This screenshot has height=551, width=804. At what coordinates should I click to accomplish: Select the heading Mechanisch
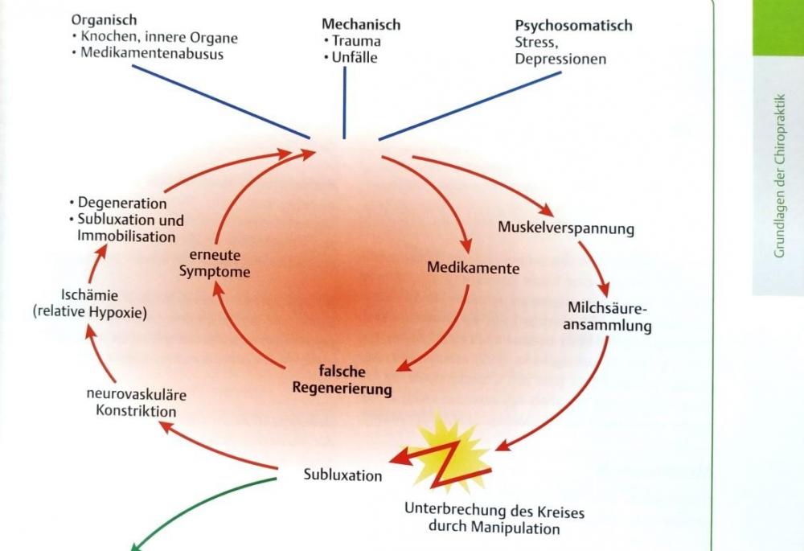(x=361, y=25)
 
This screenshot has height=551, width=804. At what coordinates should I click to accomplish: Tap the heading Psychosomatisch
(x=573, y=26)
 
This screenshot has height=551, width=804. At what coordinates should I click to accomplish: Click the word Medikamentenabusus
(x=151, y=54)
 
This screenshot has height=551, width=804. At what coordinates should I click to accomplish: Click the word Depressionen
(x=560, y=60)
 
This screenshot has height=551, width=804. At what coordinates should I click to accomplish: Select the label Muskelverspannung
(x=565, y=228)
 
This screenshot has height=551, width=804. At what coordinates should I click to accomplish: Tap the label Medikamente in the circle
(x=473, y=268)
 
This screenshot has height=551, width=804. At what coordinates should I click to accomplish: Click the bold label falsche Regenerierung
(x=342, y=380)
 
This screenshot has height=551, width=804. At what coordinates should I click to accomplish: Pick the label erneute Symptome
(x=214, y=264)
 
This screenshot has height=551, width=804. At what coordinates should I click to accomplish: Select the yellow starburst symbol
(x=449, y=456)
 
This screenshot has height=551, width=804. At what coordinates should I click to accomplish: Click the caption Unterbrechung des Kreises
(x=494, y=512)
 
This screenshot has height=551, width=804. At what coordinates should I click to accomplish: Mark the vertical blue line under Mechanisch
(x=344, y=102)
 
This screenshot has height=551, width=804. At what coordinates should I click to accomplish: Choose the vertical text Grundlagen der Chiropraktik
(x=778, y=174)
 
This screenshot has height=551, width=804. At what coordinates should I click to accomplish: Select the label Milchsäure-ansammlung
(x=609, y=317)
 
